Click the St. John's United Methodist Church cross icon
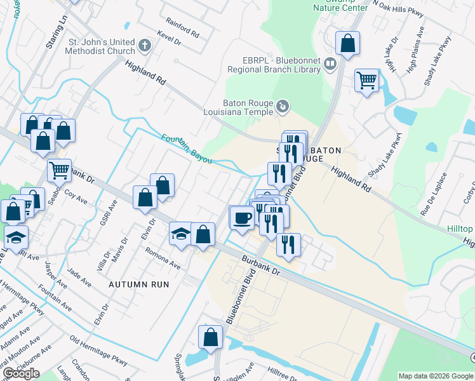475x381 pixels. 145,46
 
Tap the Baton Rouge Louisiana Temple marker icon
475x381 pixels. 283,107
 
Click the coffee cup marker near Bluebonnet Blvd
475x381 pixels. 241,218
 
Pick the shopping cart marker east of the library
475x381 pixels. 366,81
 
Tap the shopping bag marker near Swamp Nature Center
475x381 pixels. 347,44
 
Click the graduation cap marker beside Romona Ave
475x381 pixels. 181,233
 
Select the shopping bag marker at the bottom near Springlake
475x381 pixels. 210,337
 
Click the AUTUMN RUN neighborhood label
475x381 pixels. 139,284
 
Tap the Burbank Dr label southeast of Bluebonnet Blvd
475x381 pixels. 260,265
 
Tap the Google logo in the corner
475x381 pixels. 21,373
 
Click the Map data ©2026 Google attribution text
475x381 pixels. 436,376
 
